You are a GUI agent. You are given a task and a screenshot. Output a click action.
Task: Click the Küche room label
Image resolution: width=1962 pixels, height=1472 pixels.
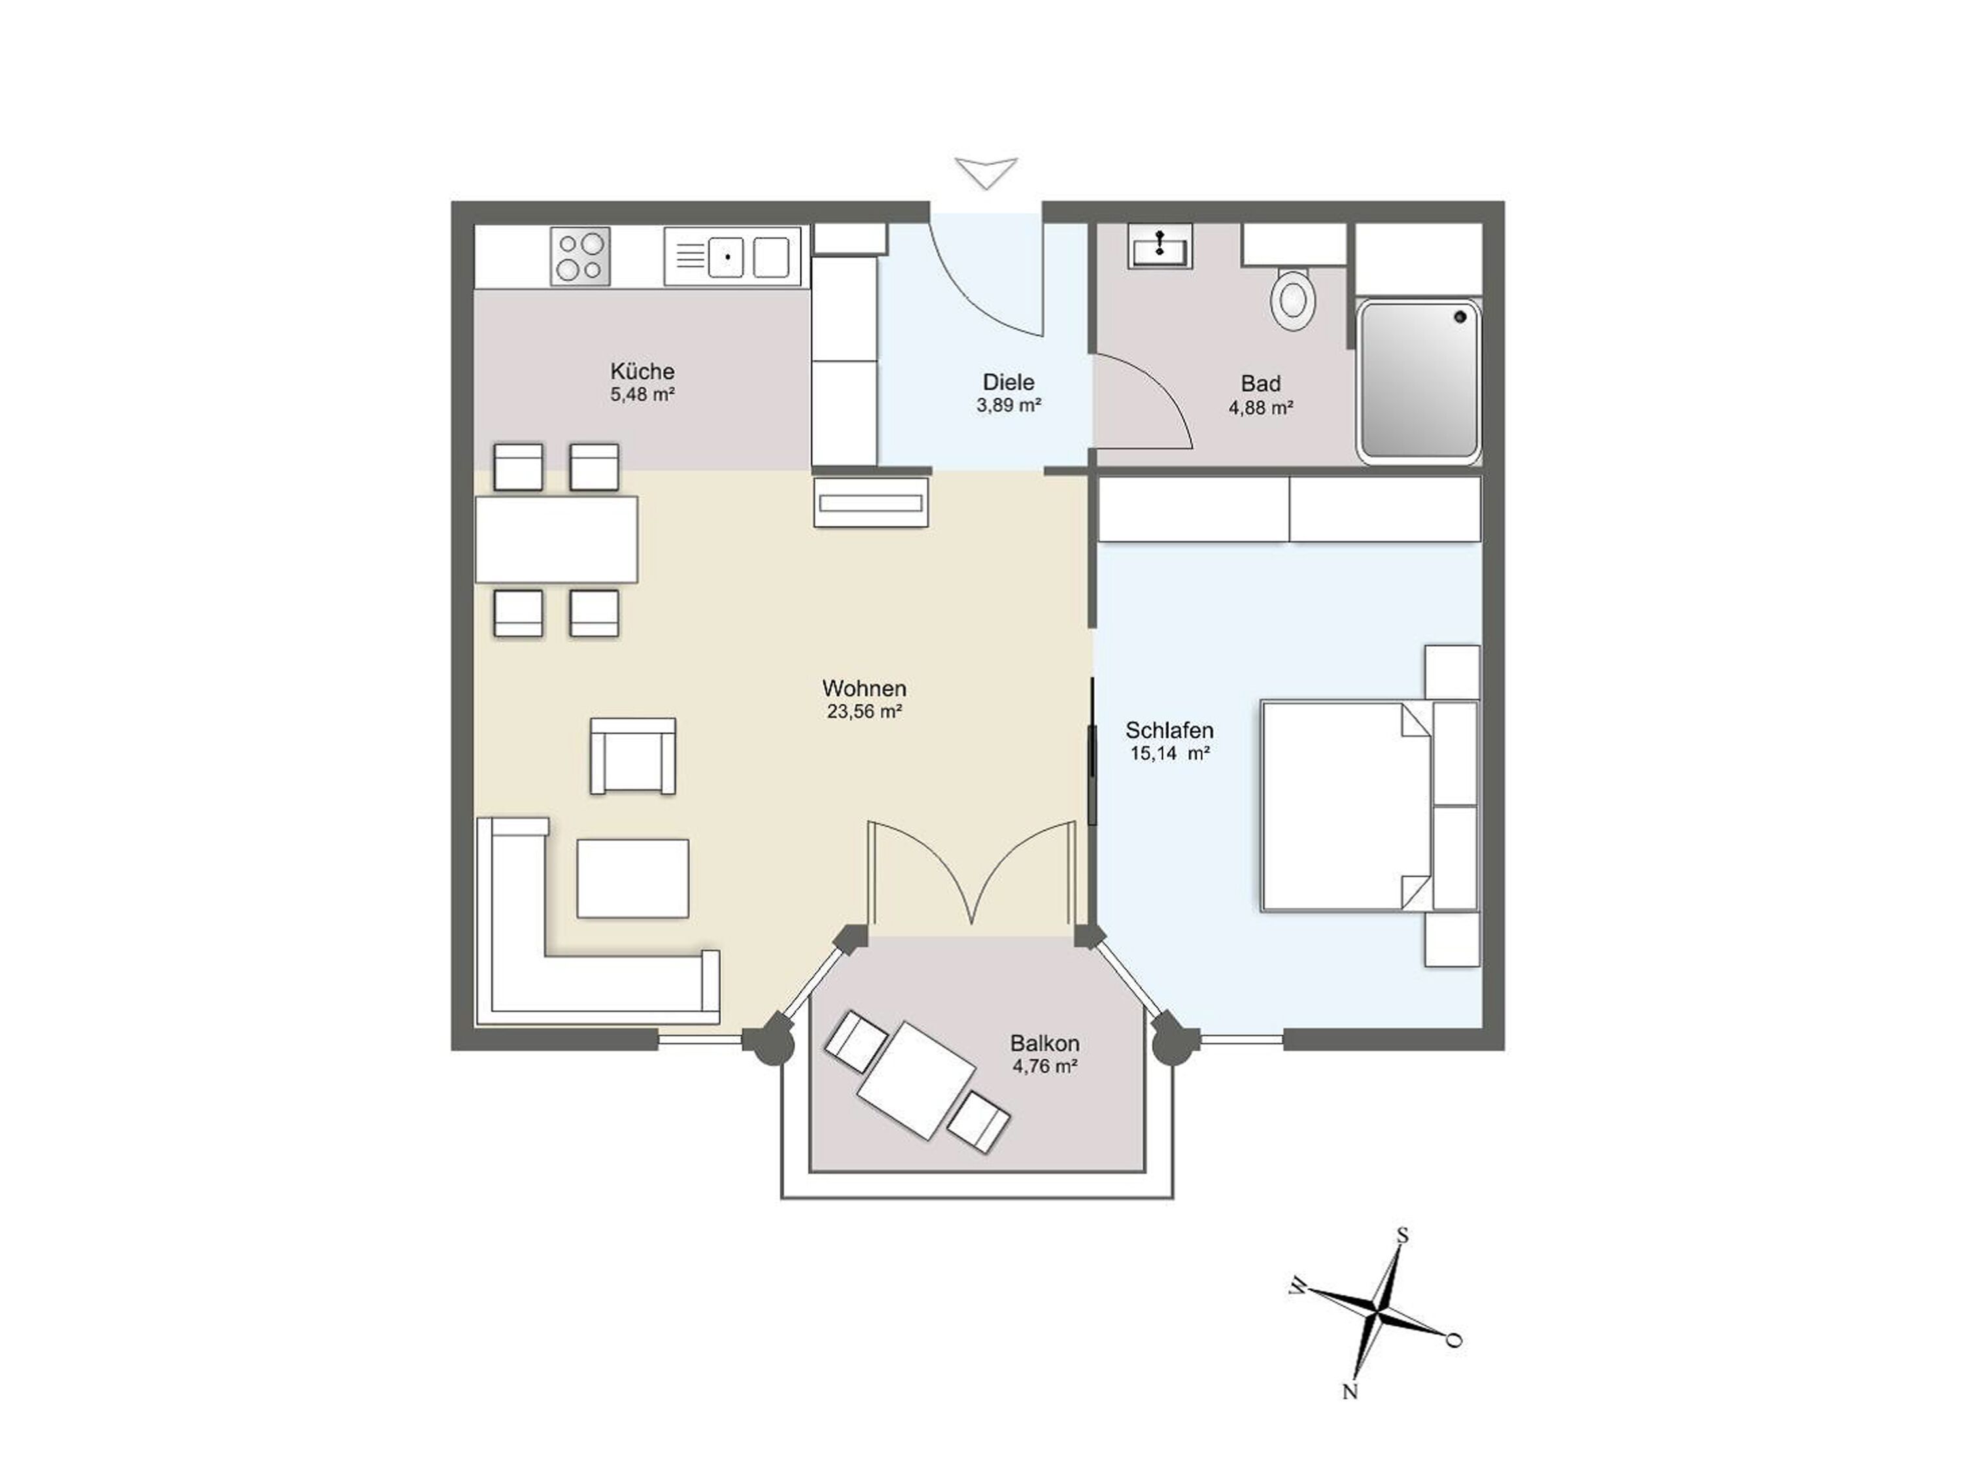[x=642, y=371]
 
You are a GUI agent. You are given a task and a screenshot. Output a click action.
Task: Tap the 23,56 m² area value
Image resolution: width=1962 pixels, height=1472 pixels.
[x=865, y=711]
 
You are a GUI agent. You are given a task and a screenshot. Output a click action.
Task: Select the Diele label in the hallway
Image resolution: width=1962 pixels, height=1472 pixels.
[x=1008, y=382]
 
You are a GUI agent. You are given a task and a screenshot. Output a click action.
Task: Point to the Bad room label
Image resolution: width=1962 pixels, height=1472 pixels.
[x=1260, y=384]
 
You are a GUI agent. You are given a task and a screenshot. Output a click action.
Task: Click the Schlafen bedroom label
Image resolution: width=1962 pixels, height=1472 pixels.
[x=1169, y=730]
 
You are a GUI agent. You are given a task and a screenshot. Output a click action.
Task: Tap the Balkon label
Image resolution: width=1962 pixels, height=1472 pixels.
[x=1045, y=1044]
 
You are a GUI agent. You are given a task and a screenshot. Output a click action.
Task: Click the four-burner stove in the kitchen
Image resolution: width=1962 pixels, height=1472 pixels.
[x=580, y=256]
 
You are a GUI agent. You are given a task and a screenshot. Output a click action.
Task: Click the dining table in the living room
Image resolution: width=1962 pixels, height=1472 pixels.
[x=556, y=539]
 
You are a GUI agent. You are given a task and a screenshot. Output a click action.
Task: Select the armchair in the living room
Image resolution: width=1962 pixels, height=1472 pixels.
[x=633, y=755]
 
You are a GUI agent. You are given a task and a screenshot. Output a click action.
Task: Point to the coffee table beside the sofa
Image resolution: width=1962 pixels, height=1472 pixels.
[x=632, y=878]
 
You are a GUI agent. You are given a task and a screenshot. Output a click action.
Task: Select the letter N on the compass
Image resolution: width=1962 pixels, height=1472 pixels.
[x=1350, y=1392]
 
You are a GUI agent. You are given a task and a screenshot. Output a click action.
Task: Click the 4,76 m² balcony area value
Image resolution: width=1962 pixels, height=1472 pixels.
[x=1045, y=1067]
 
